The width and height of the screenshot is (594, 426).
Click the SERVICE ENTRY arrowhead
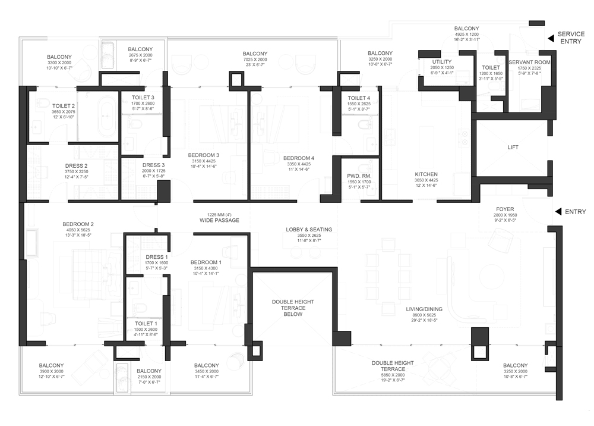(x=551, y=38)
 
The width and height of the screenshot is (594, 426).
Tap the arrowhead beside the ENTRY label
(x=558, y=212)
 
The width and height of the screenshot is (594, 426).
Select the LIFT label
(x=513, y=147)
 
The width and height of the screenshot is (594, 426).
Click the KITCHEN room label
(x=426, y=174)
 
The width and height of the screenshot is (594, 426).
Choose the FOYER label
(x=505, y=209)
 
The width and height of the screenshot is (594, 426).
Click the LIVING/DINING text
(x=424, y=309)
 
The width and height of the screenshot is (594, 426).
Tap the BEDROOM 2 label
(x=78, y=224)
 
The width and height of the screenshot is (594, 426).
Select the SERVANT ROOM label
(x=530, y=62)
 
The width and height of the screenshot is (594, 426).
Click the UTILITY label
(x=442, y=62)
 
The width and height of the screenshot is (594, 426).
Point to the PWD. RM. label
(x=359, y=176)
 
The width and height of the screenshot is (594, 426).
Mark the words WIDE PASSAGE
(x=219, y=220)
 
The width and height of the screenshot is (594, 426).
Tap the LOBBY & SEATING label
(x=309, y=230)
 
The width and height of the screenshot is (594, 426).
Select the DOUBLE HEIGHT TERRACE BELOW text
(x=293, y=308)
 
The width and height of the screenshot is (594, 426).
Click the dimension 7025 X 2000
(x=255, y=59)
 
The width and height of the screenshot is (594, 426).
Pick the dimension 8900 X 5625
(x=424, y=315)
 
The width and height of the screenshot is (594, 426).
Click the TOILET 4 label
(x=359, y=98)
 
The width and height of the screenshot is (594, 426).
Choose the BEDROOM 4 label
(x=299, y=158)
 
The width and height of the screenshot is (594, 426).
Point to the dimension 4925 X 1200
(x=467, y=34)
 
